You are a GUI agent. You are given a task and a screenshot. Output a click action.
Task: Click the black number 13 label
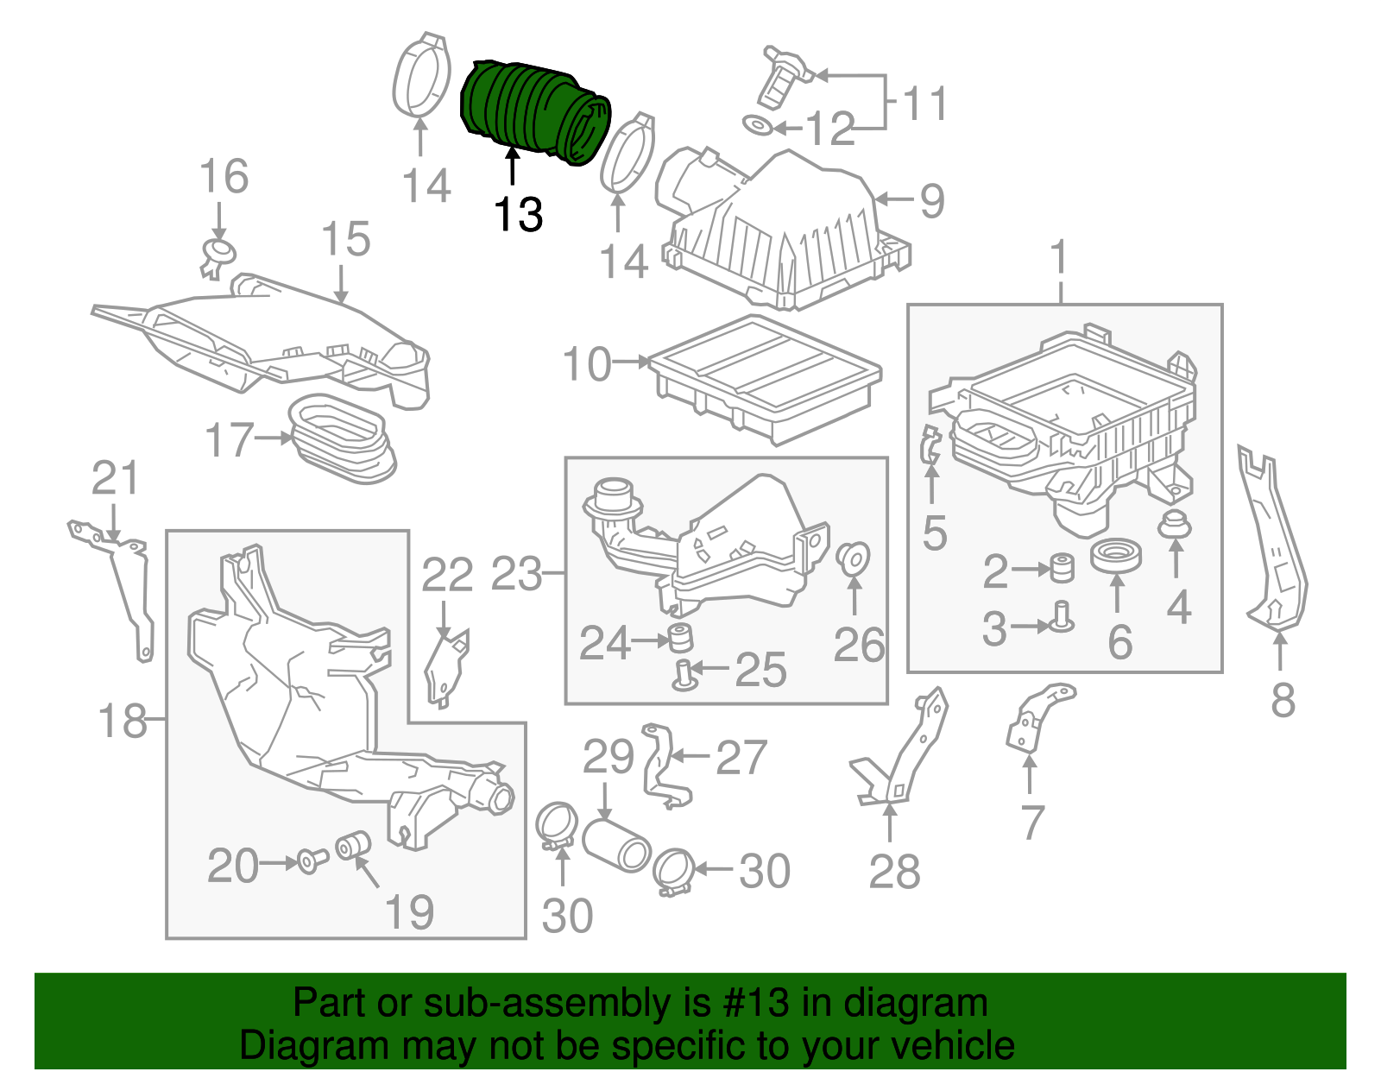coord(519,214)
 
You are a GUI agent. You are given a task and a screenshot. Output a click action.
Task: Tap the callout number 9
coord(932,200)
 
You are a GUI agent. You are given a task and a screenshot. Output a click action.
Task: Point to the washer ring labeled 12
coord(757,126)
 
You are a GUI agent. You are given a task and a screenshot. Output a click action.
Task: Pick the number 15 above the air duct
coord(345,239)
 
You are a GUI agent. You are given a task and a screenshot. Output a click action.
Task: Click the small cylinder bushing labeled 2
coord(1062,569)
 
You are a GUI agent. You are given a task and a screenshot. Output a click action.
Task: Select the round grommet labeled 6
coord(1115,555)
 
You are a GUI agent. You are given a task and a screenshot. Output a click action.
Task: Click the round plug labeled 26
coord(854,558)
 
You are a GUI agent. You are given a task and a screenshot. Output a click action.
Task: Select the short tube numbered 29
coord(616,845)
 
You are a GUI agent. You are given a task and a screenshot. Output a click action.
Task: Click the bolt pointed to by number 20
coord(311,861)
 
